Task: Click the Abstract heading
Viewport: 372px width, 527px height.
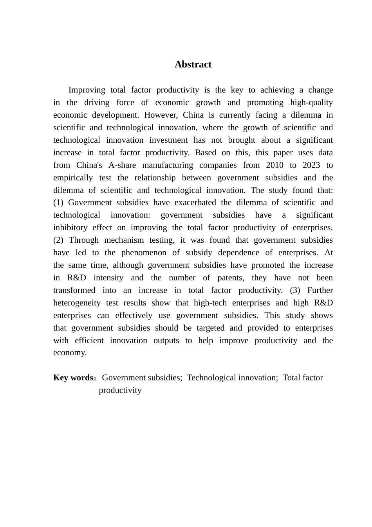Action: (193, 65)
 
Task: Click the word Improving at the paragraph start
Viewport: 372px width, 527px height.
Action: (87, 90)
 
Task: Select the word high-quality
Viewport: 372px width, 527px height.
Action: (311, 103)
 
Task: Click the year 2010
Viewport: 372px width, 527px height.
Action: (274, 165)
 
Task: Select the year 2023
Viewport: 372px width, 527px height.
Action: (311, 165)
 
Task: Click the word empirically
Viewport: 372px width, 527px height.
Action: (73, 178)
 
